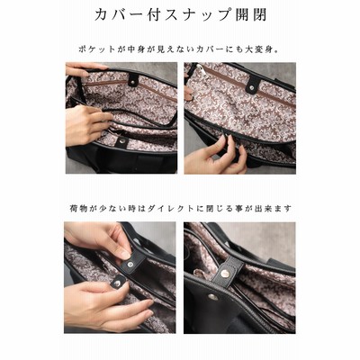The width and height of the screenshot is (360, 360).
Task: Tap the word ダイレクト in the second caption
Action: pos(173,208)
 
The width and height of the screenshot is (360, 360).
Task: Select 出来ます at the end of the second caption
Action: pos(274,208)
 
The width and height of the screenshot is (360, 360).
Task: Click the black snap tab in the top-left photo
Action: pos(133,80)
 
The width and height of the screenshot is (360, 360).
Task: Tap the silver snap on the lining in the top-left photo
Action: pos(122,140)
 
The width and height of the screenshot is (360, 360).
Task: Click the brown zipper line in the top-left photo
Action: pos(129,87)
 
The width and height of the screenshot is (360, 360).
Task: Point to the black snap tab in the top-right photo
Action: pos(254,84)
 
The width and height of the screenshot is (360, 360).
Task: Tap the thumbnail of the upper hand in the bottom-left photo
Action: pos(124,254)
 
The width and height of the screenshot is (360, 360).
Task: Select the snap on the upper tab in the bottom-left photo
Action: pos(130,265)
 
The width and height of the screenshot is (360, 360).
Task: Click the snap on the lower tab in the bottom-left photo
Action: pos(118,283)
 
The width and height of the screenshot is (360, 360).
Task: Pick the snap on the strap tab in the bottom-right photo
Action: pos(225,273)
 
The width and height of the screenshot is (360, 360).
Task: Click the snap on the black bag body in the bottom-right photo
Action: pos(212,296)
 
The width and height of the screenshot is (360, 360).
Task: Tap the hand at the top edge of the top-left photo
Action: pos(85,68)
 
